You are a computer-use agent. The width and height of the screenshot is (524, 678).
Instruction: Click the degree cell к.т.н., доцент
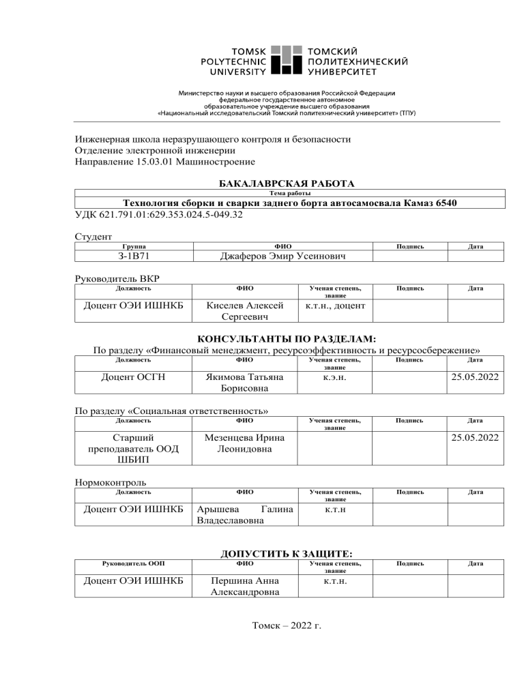pyautogui.click(x=335, y=306)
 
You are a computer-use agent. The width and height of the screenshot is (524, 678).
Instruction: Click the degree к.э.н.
pyautogui.click(x=335, y=375)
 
